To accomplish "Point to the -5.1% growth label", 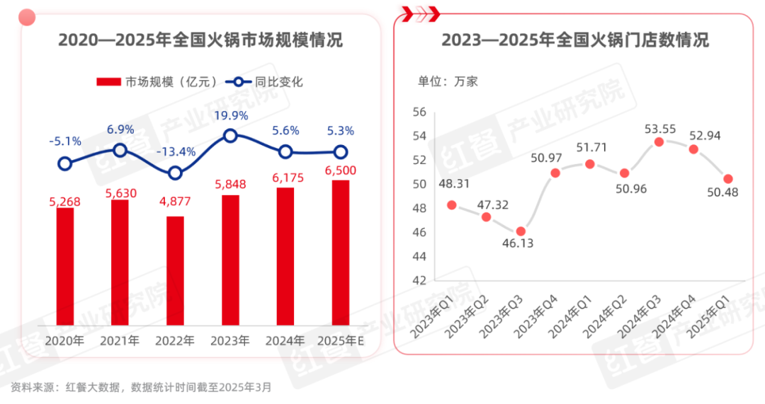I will click(64, 142).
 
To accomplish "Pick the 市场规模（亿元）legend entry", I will click(156, 82).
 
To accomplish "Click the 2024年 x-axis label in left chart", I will click(285, 341).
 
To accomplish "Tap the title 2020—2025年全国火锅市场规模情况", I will click(200, 40).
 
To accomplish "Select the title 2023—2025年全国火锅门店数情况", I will click(575, 40).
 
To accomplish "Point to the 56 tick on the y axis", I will click(419, 112).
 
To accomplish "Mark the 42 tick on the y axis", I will click(419, 280).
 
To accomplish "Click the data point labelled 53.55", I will click(659, 142).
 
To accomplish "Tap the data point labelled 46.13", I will click(521, 231).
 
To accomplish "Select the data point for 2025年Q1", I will click(727, 179).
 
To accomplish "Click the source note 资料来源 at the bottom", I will click(140, 387).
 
